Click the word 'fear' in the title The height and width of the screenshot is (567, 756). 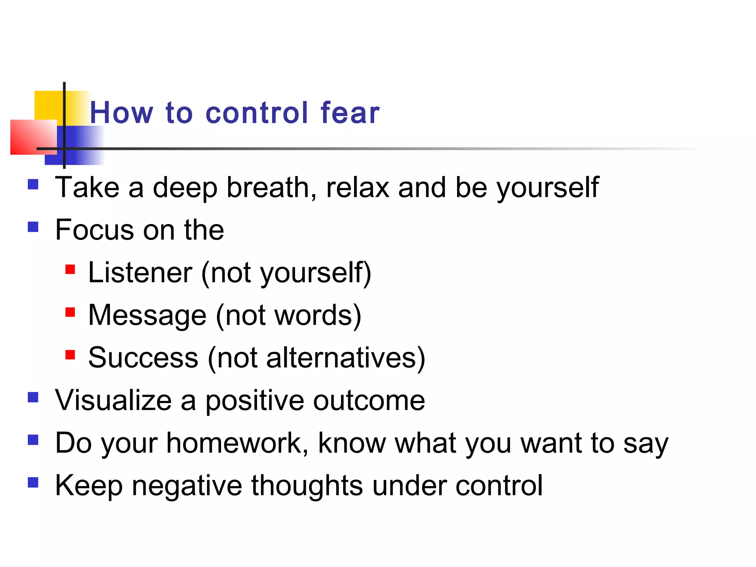tap(350, 113)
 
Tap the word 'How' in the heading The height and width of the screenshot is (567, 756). tap(121, 113)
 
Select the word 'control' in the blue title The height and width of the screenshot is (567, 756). tap(257, 113)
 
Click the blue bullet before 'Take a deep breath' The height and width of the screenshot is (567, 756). tap(33, 184)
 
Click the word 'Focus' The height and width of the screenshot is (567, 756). tap(94, 230)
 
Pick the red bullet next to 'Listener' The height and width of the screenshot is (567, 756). tap(70, 269)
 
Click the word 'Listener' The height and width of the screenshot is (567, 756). tap(140, 273)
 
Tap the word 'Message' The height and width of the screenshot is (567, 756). tap(147, 315)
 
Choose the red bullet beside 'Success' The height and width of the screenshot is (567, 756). tap(70, 355)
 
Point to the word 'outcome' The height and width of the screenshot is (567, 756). tap(369, 400)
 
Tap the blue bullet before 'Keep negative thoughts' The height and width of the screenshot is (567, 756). tap(33, 482)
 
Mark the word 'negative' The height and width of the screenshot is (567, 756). tap(187, 485)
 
